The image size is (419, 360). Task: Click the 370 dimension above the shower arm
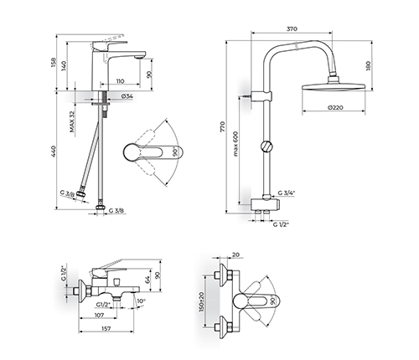tap(292, 28)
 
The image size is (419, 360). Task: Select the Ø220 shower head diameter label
tap(335, 107)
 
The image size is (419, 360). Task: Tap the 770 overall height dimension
tap(222, 126)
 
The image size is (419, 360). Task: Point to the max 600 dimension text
tap(235, 143)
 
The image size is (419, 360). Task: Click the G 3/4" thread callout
tap(287, 193)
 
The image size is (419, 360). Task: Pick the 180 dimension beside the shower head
tap(368, 65)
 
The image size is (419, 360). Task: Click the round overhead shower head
tap(334, 85)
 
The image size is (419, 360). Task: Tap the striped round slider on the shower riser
tap(266, 147)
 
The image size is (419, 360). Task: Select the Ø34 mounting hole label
tap(127, 96)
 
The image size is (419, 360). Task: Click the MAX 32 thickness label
tap(72, 121)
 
